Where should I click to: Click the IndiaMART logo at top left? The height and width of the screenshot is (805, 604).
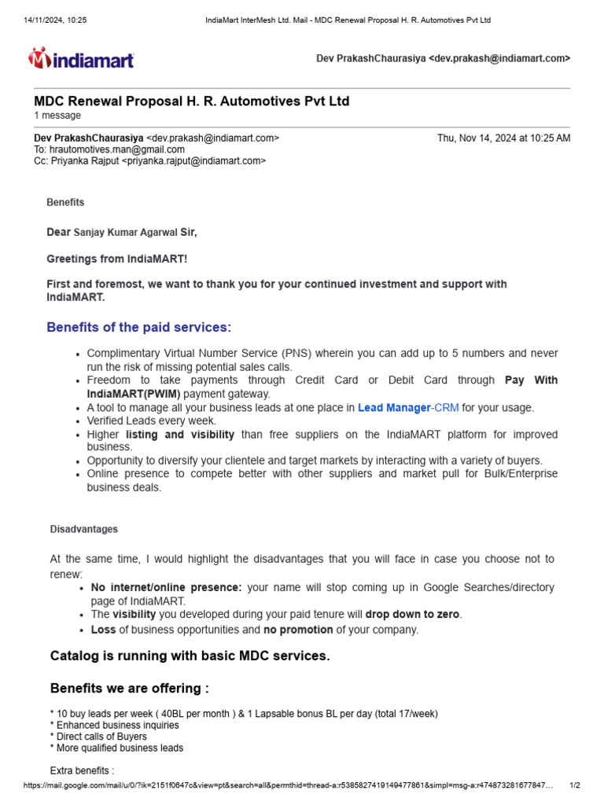pyautogui.click(x=82, y=59)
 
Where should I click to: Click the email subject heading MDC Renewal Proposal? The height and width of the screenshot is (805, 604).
pyautogui.click(x=191, y=101)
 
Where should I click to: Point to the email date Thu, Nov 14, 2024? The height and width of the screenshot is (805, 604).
pyautogui.click(x=503, y=138)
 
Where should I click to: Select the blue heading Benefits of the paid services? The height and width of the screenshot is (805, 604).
pyautogui.click(x=139, y=327)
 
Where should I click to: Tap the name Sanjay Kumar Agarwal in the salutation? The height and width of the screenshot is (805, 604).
pyautogui.click(x=126, y=233)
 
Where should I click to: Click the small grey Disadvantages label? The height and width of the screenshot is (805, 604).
pyautogui.click(x=84, y=530)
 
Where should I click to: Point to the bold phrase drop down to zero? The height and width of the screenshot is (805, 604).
pyautogui.click(x=413, y=615)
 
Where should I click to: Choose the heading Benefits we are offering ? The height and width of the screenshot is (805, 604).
pyautogui.click(x=130, y=689)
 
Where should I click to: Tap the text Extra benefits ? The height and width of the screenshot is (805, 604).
pyautogui.click(x=82, y=771)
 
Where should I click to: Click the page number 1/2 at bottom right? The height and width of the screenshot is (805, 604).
pyautogui.click(x=574, y=785)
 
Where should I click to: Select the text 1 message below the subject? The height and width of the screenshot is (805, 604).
pyautogui.click(x=57, y=116)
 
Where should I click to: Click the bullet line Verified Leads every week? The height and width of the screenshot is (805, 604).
pyautogui.click(x=151, y=421)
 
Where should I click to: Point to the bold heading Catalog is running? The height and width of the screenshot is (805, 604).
pyautogui.click(x=190, y=656)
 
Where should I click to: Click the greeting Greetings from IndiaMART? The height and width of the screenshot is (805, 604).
pyautogui.click(x=117, y=259)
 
